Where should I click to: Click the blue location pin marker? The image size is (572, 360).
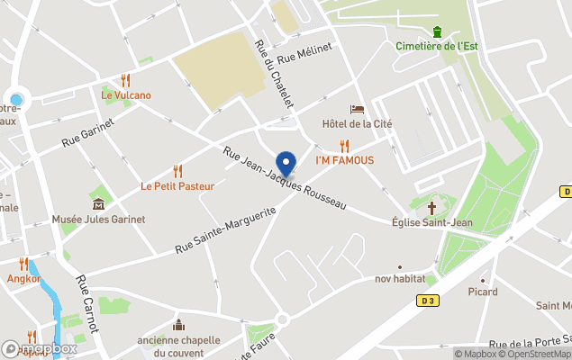pyautogui.click(x=286, y=164)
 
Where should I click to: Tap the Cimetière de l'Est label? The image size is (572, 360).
pyautogui.click(x=436, y=46)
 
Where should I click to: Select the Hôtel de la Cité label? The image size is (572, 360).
pyautogui.click(x=357, y=123)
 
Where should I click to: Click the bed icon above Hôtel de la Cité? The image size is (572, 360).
pyautogui.click(x=357, y=109)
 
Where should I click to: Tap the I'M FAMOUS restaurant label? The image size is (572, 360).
pyautogui.click(x=344, y=160)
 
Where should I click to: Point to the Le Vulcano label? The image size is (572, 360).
pyautogui.click(x=126, y=94)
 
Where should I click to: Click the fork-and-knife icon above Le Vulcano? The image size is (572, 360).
pyautogui.click(x=126, y=80)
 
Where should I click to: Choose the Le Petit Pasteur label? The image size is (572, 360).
pyautogui.click(x=177, y=186)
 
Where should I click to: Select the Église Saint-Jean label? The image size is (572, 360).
pyautogui.click(x=427, y=221)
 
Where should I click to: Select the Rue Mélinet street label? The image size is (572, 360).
pyautogui.click(x=305, y=53)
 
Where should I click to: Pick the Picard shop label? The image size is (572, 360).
pyautogui.click(x=483, y=292)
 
